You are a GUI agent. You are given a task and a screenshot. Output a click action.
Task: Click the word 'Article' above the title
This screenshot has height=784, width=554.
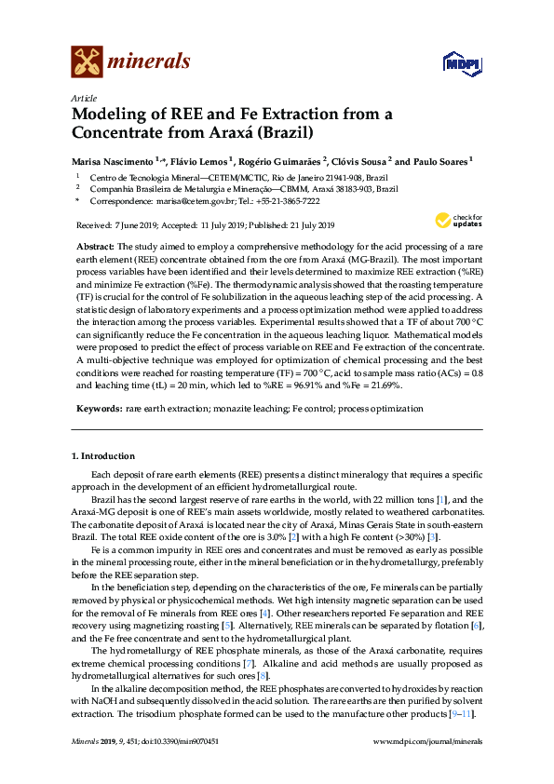click(x=84, y=98)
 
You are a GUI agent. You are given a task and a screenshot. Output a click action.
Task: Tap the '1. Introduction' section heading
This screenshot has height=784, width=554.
click(x=102, y=456)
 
